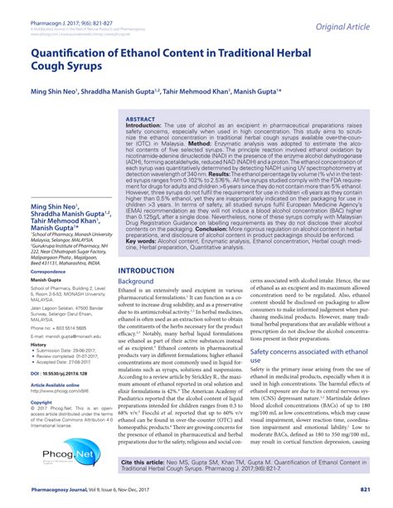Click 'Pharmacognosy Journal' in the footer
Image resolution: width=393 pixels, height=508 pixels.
pyautogui.click(x=63, y=491)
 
